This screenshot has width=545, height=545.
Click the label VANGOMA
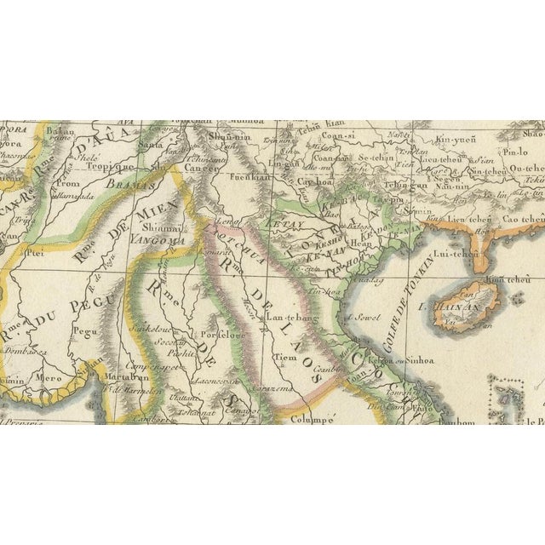158,240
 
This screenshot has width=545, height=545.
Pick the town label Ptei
36,252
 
